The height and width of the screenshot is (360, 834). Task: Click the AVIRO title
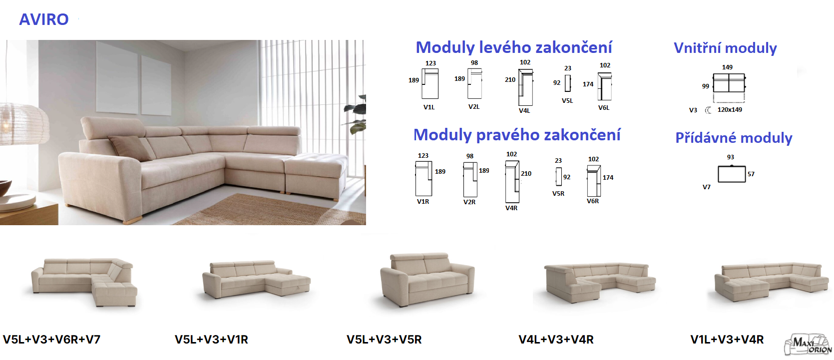(44, 19)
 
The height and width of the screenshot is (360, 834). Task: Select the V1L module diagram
(430, 83)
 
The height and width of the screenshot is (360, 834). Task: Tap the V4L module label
(524, 110)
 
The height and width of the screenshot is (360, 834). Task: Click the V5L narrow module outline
(568, 83)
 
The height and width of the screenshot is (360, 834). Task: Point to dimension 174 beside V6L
(588, 84)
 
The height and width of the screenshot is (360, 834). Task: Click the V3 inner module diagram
(729, 83)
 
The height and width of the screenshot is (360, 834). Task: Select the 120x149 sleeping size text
(730, 110)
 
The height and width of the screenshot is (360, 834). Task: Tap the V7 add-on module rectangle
(732, 174)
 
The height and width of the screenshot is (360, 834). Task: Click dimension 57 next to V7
(751, 174)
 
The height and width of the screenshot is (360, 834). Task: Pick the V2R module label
(469, 202)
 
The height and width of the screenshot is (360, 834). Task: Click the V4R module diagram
(512, 182)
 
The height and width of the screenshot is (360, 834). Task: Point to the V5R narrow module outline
(558, 176)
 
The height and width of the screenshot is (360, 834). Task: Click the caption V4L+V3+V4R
(556, 340)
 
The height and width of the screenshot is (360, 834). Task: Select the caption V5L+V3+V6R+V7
(52, 340)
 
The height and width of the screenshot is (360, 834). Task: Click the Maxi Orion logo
(808, 345)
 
